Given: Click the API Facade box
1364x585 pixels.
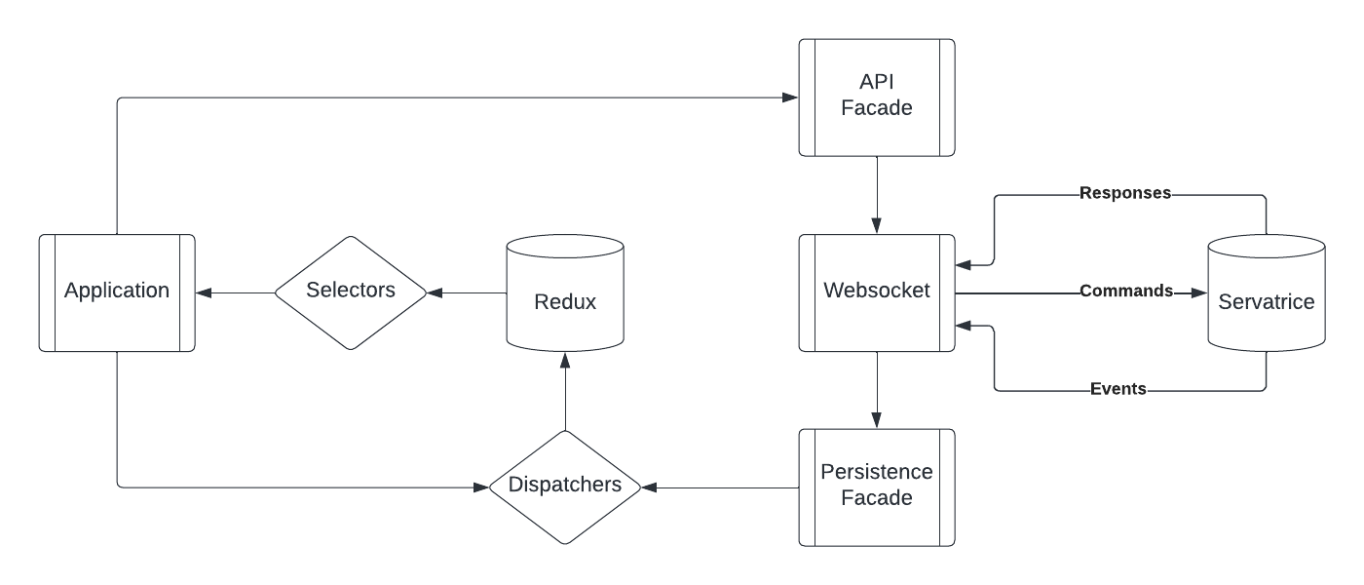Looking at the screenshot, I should (877, 97).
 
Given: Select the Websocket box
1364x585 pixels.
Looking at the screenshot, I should (877, 292).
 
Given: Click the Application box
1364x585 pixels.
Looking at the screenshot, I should (117, 292).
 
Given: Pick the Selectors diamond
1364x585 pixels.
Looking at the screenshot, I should (351, 292).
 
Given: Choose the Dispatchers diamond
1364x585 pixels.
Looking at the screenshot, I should (565, 486).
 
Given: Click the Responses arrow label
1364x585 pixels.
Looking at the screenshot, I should (1125, 193).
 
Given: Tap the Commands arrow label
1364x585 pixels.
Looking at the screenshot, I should (1125, 292).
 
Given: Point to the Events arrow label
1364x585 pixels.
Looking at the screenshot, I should (1118, 390).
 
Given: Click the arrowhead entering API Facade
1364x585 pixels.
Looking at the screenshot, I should (790, 97).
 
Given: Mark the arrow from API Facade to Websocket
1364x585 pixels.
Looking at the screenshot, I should (877, 195).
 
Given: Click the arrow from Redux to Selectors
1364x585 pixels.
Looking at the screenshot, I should (468, 292).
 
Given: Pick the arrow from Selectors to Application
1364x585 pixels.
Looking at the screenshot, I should (234, 292).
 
